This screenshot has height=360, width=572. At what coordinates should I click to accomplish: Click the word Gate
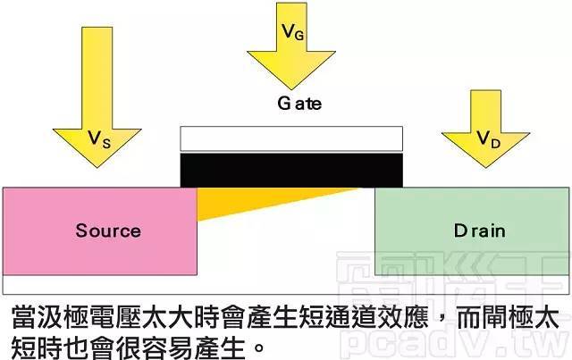pos(292,104)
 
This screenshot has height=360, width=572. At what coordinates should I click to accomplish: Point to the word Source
pos(107,230)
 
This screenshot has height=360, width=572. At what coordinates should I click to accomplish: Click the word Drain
pos(479,230)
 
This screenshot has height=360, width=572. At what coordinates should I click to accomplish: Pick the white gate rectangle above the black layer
pos(291,138)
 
